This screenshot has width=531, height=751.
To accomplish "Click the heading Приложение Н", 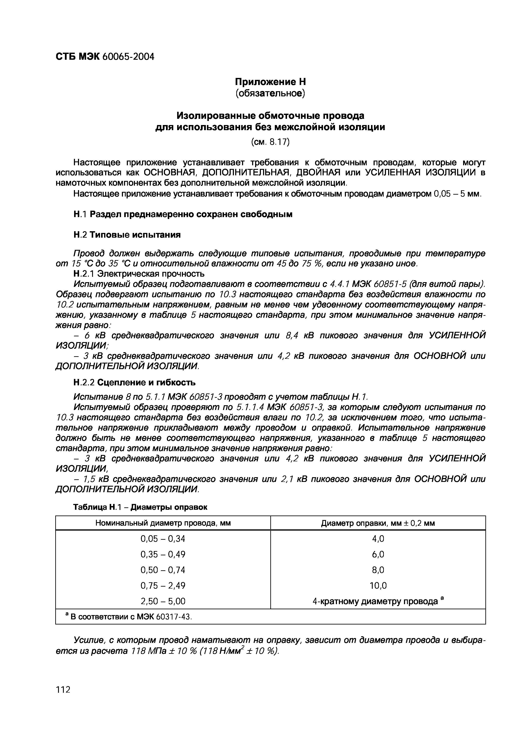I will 270,81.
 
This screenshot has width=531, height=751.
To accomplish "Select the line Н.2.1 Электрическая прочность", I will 139,273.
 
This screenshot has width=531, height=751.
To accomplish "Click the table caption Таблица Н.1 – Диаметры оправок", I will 140,507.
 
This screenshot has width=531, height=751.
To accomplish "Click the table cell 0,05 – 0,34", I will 163,538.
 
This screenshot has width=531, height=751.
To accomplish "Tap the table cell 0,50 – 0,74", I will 163,570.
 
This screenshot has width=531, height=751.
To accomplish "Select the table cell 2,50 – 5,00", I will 163,601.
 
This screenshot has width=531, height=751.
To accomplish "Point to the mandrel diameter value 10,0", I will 378,586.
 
